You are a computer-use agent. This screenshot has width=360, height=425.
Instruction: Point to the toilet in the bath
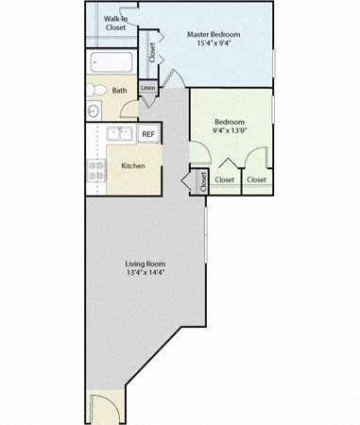(x=98, y=90)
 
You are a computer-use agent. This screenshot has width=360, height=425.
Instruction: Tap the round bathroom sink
(x=94, y=111)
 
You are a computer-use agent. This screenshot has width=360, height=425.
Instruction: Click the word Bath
(x=120, y=92)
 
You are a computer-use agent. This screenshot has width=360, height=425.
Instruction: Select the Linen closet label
(x=147, y=89)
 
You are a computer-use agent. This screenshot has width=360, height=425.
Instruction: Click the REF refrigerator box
(x=148, y=134)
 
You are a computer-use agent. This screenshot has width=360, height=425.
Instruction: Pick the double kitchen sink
(x=119, y=134)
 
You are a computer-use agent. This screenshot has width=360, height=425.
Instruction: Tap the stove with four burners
(x=96, y=168)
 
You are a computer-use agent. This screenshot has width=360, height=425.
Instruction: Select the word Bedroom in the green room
(x=230, y=122)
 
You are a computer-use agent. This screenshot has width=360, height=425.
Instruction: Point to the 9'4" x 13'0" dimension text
(x=230, y=131)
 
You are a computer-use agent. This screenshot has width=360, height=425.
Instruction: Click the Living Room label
(x=146, y=263)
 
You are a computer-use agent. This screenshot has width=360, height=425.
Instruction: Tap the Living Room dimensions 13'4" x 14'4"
(x=146, y=274)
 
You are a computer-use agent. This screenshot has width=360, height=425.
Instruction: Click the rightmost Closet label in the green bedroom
(x=256, y=179)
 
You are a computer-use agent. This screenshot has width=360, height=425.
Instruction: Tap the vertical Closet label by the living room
(x=203, y=180)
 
